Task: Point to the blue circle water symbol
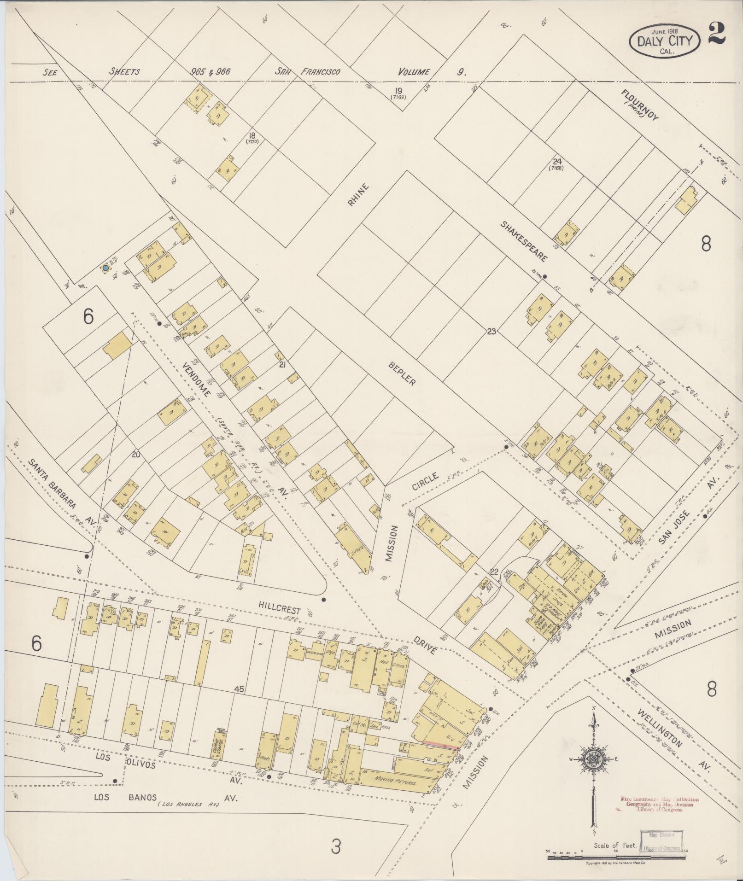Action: [x=105, y=268]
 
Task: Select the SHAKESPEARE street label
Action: [x=525, y=241]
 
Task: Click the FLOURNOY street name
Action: [x=640, y=105]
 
